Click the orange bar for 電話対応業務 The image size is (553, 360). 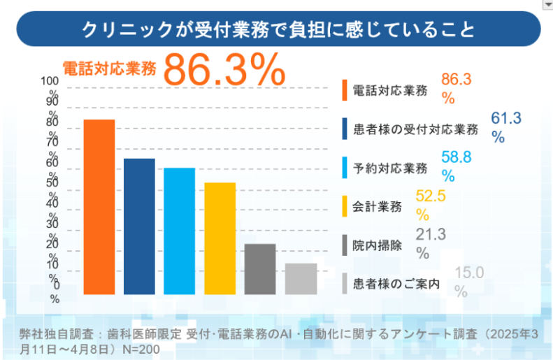coord(99,207)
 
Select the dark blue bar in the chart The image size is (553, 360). coord(139,226)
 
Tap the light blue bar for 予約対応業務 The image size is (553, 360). coord(180,231)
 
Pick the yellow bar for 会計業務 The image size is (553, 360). coord(220,238)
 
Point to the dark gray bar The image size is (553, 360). coord(260,269)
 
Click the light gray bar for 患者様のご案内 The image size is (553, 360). coord(301,279)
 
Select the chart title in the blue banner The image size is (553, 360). coord(277,29)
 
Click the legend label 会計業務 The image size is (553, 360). coord(377,206)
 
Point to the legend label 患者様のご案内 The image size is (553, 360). coord(396,284)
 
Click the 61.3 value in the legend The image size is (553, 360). coord(507,118)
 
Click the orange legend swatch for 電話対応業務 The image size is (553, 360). coord(345,90)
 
